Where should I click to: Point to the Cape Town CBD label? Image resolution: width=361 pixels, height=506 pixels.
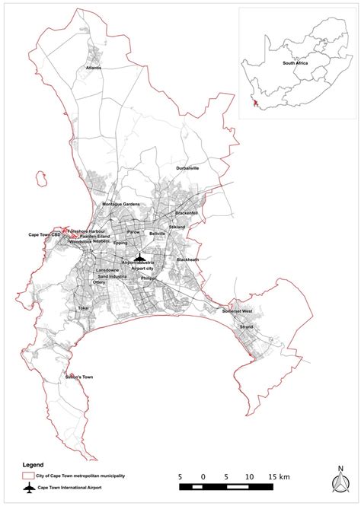(45, 235)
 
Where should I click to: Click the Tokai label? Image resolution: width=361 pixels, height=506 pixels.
(84, 308)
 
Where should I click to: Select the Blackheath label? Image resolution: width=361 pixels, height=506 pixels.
(187, 259)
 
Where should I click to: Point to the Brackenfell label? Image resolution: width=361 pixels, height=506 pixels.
(186, 213)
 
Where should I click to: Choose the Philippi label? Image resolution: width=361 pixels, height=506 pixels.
(149, 278)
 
